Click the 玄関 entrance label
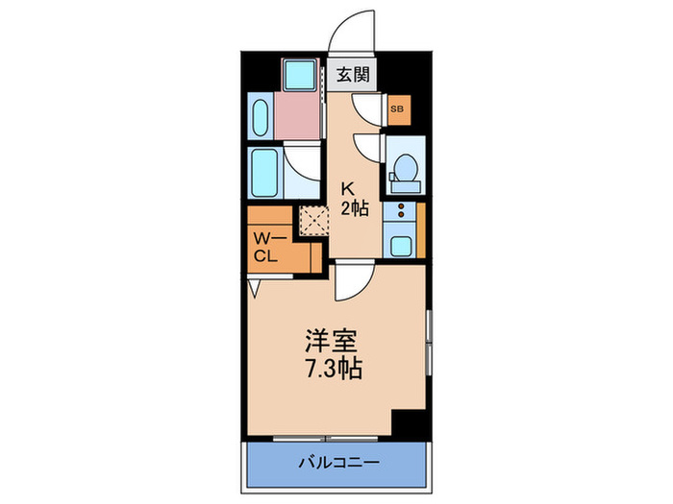coord(351,74)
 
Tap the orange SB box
coord(397,109)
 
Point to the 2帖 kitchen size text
coord(354,209)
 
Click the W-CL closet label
coord(266,247)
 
